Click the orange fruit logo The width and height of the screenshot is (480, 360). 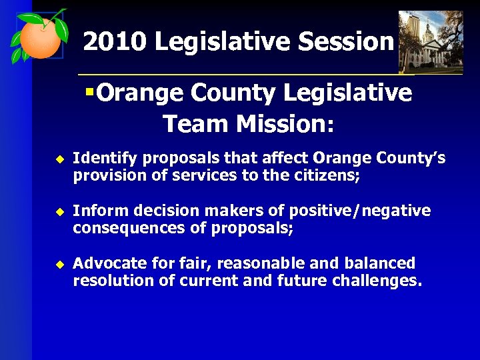tap(39, 38)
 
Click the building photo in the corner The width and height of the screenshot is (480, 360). tap(430, 41)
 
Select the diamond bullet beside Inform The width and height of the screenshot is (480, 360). tap(58, 212)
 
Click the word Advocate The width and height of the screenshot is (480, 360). tap(105, 263)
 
